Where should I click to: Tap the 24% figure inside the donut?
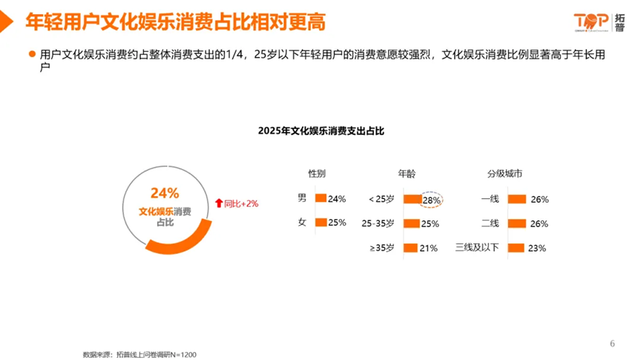tap(165, 193)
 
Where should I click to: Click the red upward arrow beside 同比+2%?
tap(218, 203)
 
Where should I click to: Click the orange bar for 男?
tap(320, 198)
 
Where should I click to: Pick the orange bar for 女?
tap(321, 222)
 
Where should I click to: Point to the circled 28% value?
tap(431, 200)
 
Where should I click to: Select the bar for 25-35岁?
tap(411, 223)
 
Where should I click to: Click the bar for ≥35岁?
tap(410, 248)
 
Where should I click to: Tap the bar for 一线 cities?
tap(517, 199)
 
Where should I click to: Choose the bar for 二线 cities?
tap(517, 223)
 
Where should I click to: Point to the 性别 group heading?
tap(317, 174)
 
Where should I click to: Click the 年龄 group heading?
tap(407, 174)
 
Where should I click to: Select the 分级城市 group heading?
tap(504, 174)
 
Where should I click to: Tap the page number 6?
tap(612, 343)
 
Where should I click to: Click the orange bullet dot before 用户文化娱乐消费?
tap(31, 54)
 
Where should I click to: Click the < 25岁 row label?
tap(381, 199)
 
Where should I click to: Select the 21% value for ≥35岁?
tap(429, 249)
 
